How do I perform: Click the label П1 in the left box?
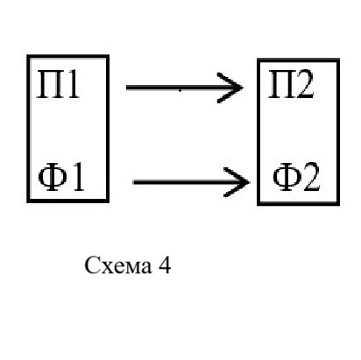point(58,85)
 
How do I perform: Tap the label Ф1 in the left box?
point(61,177)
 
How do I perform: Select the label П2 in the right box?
point(291,84)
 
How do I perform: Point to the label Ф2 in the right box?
point(296,177)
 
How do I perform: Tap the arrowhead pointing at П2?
point(230,88)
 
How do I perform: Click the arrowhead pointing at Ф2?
point(237,182)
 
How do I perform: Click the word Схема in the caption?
point(118,265)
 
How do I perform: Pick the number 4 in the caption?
point(165,265)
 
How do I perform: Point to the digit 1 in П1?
point(73,85)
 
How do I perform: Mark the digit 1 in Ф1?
point(78,177)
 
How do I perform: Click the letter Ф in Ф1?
point(53,177)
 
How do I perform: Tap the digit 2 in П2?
point(305,84)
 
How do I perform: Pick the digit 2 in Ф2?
point(311,177)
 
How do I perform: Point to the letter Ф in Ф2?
point(287,177)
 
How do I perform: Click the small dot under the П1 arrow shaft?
point(180,91)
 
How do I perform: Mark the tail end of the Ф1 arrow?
point(133,182)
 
